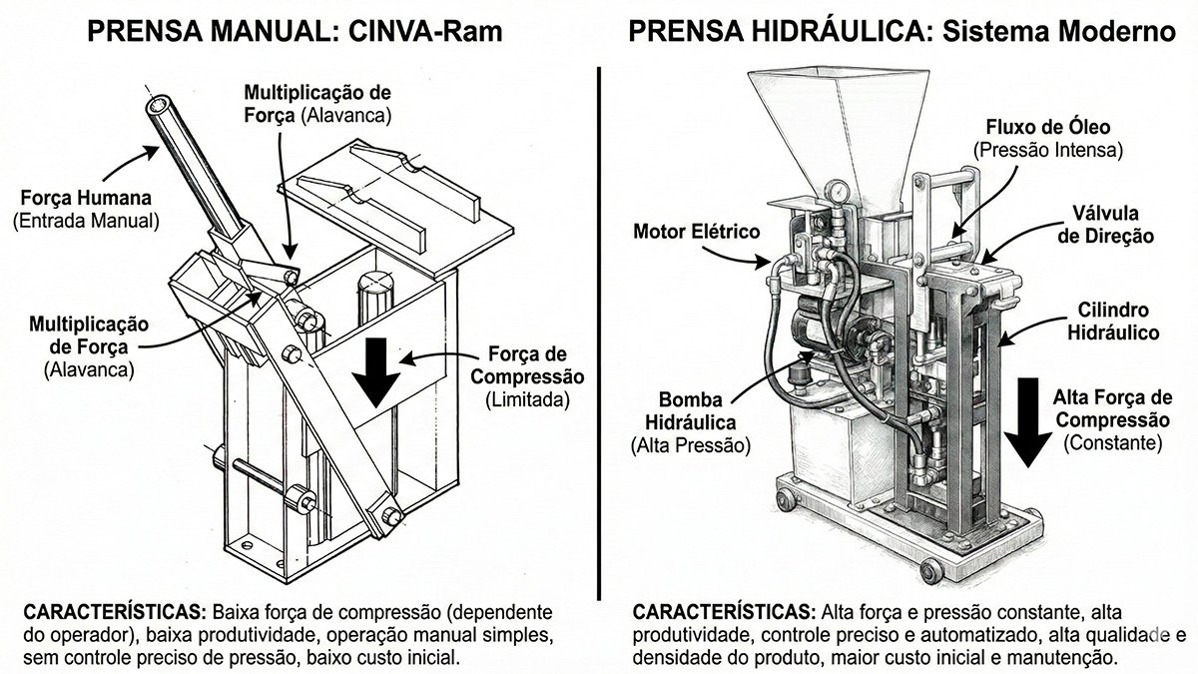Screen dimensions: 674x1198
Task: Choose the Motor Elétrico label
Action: [697, 232]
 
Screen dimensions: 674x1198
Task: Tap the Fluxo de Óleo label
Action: [1048, 139]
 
